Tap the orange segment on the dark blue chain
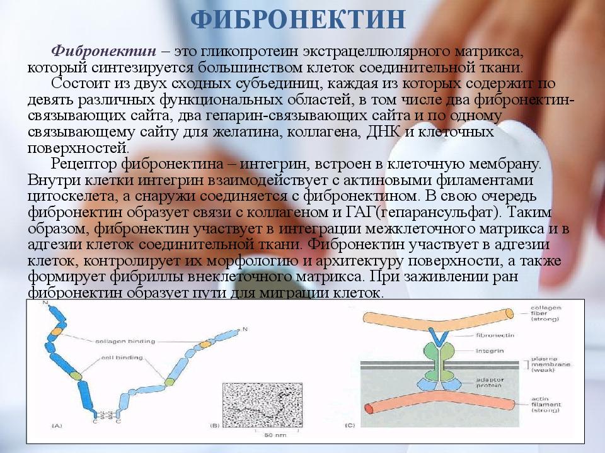coord(57,330)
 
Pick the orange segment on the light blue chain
coord(205,344)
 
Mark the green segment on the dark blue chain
coord(76,375)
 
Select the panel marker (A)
coord(56,426)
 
